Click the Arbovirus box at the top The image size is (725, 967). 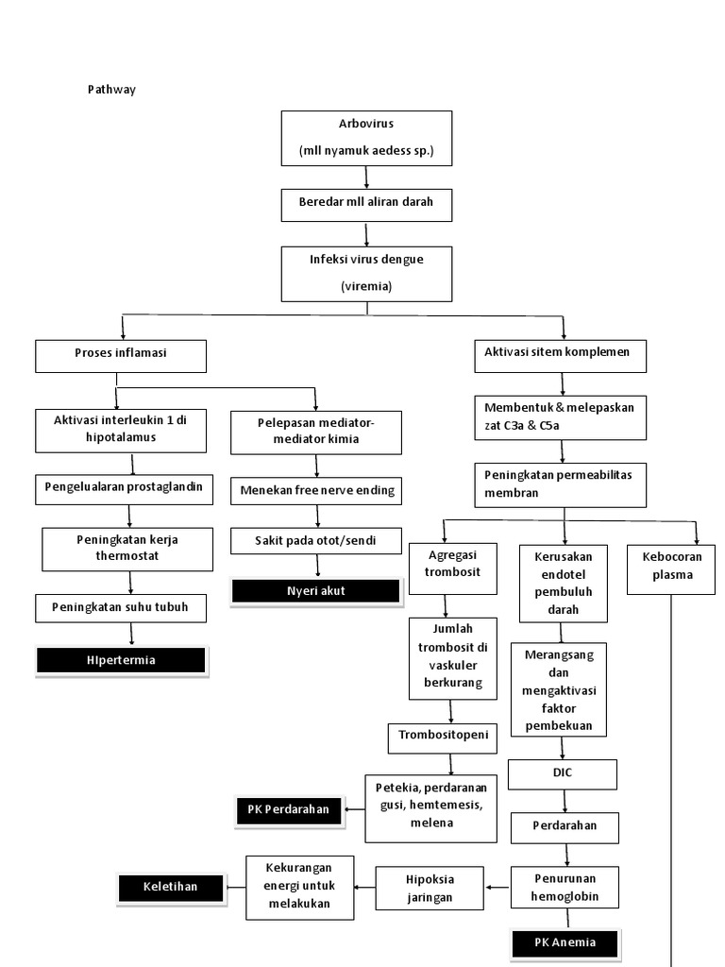click(366, 137)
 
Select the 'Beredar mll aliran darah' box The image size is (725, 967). click(366, 203)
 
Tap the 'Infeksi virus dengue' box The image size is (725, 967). click(366, 273)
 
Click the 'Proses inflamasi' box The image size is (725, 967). click(120, 355)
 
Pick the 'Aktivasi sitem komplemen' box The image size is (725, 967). click(564, 353)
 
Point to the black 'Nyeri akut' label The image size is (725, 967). click(316, 591)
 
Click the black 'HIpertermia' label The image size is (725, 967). click(121, 660)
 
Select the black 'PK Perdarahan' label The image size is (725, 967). click(289, 808)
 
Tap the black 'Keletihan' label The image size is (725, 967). click(171, 887)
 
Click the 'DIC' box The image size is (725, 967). click(564, 773)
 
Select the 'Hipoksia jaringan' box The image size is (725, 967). click(430, 887)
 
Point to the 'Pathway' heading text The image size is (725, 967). click(111, 90)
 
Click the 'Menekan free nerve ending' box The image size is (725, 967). click(317, 490)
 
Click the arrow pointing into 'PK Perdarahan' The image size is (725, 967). click(354, 808)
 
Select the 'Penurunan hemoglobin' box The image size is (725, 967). click(565, 887)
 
